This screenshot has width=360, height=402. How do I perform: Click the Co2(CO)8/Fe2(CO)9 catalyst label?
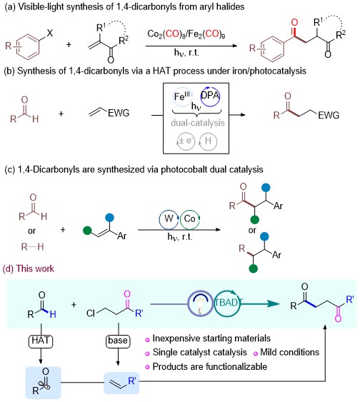pos(186,34)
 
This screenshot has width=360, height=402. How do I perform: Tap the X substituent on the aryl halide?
pos(49,33)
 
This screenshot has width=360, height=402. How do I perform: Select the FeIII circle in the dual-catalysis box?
pos(182,97)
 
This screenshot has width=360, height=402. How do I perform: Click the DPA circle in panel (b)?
pos(210,96)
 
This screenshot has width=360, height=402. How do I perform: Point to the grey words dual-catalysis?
pos(198,123)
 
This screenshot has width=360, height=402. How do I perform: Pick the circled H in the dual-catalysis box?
pos(208,141)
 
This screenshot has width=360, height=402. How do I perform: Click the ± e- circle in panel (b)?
pos(186,141)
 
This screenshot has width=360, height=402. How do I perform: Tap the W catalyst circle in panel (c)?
pos(169,219)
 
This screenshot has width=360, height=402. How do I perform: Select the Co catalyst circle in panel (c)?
pos(190,219)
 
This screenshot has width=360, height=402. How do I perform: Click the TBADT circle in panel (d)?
pos(226,303)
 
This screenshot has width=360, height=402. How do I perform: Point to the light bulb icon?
pos(201,303)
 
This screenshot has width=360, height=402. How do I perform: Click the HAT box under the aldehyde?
pos(41,341)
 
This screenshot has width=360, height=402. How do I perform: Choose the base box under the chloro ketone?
pos(118,341)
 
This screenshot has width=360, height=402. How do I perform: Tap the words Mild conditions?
pos(289,352)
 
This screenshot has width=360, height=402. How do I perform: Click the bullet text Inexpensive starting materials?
pos(211,338)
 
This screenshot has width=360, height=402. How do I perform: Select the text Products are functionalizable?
pos(210,366)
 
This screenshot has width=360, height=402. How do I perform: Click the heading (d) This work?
pos(28,268)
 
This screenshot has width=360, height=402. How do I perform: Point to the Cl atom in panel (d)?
pos(91,313)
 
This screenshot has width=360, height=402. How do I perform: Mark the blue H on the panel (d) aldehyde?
pos(53,314)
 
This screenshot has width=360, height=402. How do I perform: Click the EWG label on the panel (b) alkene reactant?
pos(119,113)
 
